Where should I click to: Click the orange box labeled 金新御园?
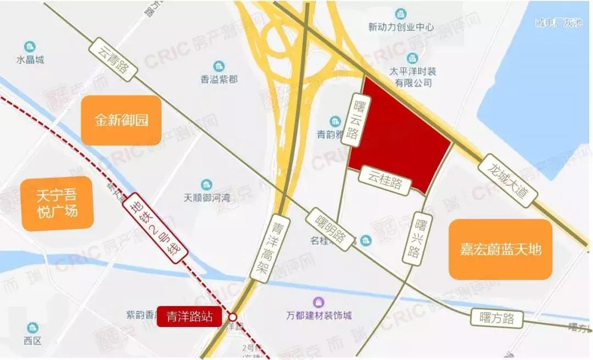point(121,121)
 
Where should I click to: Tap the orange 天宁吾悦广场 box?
point(57,204)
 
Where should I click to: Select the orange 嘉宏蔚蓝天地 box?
point(500,250)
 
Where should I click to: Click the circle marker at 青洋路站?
point(233,317)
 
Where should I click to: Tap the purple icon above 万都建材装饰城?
point(318,302)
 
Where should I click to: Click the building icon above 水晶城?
point(29,47)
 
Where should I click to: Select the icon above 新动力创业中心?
point(401,14)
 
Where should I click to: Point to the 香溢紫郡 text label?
point(219,80)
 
